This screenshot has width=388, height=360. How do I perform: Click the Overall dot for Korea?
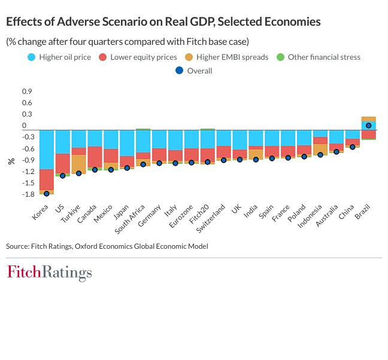tap(47, 193)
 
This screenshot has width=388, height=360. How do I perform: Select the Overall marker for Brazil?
tap(369, 126)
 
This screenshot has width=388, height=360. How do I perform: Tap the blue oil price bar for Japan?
tap(127, 143)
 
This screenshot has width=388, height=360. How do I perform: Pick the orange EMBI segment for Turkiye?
tap(79, 164)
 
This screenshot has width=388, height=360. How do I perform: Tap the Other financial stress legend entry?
tap(319, 57)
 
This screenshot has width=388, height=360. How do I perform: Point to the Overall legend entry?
tap(194, 71)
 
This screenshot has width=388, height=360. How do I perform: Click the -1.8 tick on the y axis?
tap(28, 194)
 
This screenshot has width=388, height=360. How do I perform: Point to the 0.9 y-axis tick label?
tap(28, 91)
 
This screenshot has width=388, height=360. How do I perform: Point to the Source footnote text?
tap(107, 246)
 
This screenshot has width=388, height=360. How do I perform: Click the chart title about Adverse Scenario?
tap(163, 22)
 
